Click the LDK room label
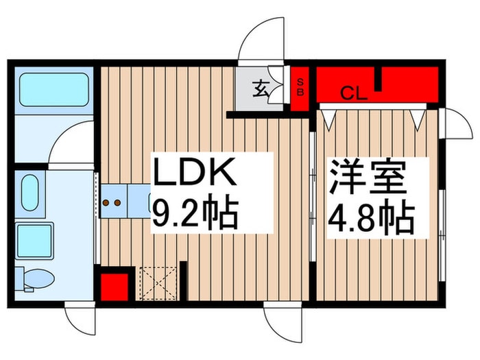195,172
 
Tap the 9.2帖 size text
195,212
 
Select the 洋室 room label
368,178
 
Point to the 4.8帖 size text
372,217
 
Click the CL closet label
354,93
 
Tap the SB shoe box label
300,88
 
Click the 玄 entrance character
260,88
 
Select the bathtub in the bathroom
54,90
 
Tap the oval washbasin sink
30,193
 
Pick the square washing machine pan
34,241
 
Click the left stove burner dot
106,202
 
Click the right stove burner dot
117,202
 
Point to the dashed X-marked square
158,283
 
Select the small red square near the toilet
115,287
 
